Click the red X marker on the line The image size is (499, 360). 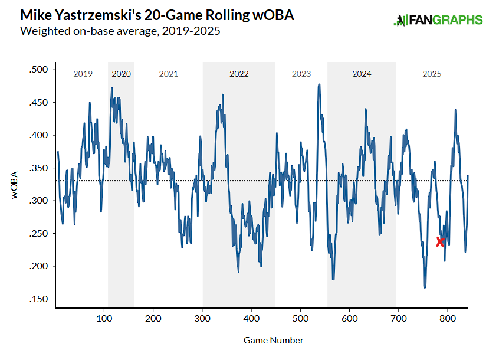440,242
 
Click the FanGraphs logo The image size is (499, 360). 438,19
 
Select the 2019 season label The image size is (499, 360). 83,74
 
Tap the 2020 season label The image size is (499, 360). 121,74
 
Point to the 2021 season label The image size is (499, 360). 168,74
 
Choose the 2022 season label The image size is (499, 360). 239,74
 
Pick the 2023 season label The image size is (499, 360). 301,74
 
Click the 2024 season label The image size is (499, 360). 362,74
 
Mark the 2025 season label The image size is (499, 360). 432,74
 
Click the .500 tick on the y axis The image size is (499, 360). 38,70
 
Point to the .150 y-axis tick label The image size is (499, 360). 38,299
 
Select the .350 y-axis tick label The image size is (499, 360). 38,168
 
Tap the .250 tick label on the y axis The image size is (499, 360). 38,234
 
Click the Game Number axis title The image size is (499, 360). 273,341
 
